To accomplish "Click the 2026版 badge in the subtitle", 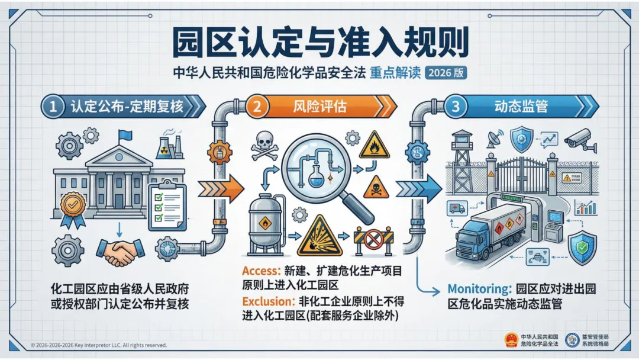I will pyautogui.click(x=446, y=73).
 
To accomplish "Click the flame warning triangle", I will pyautogui.click(x=374, y=146).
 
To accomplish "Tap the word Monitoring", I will pyautogui.click(x=479, y=290).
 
